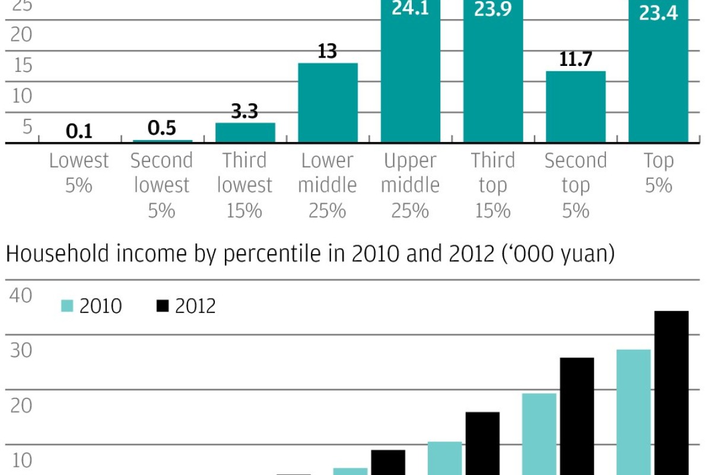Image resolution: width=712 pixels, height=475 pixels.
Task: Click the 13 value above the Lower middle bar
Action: [327, 51]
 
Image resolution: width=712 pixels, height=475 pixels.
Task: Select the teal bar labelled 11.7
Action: [576, 107]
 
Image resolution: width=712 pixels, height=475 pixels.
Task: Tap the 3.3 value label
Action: [244, 111]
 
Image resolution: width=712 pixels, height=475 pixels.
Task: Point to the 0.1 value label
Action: [79, 131]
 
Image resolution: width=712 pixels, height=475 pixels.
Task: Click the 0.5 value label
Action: [162, 128]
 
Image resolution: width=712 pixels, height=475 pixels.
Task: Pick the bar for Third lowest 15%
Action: [245, 132]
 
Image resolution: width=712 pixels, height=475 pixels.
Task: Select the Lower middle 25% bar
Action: [328, 103]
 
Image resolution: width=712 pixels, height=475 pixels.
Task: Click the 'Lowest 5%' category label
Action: [79, 173]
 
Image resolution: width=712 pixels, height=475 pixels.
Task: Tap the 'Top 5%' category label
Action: [658, 173]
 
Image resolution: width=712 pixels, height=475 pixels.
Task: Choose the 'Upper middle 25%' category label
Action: [410, 185]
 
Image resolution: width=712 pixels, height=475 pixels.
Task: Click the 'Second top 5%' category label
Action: [576, 185]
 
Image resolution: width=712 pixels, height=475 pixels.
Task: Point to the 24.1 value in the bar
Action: [410, 10]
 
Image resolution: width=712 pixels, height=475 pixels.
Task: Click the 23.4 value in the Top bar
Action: [658, 12]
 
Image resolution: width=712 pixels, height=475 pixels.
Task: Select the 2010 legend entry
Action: [92, 306]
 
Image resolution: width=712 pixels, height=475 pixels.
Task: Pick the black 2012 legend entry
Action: [186, 306]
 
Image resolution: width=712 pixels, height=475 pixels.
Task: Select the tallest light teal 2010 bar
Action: [634, 412]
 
